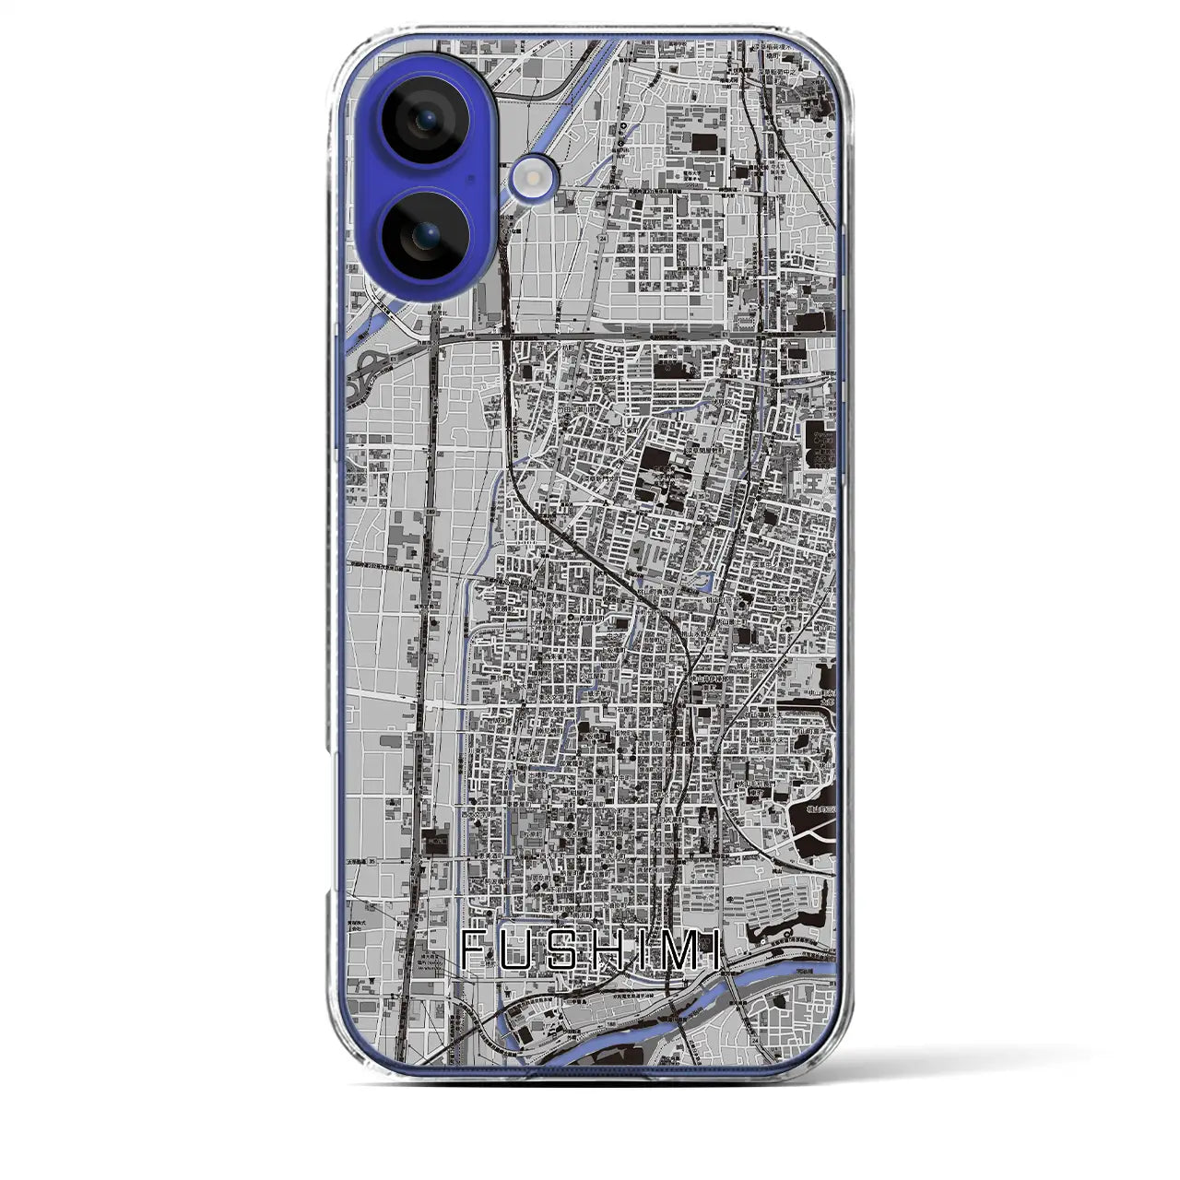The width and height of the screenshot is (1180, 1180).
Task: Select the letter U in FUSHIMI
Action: pyautogui.click(x=519, y=950)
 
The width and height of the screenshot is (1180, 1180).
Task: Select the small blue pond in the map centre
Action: pyautogui.click(x=708, y=581)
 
